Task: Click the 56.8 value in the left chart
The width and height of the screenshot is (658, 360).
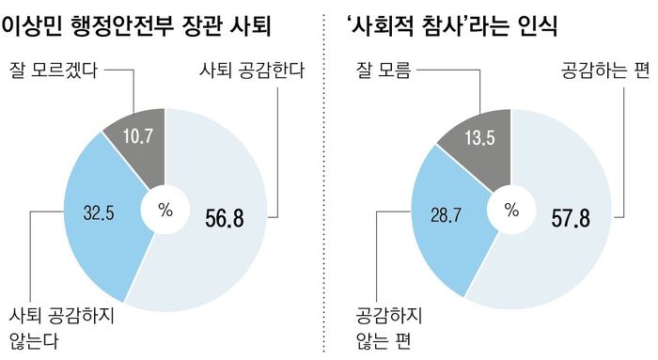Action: [x=225, y=218]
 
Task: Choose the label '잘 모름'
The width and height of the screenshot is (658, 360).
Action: [x=382, y=70]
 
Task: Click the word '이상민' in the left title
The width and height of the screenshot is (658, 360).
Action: [x=37, y=25]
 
